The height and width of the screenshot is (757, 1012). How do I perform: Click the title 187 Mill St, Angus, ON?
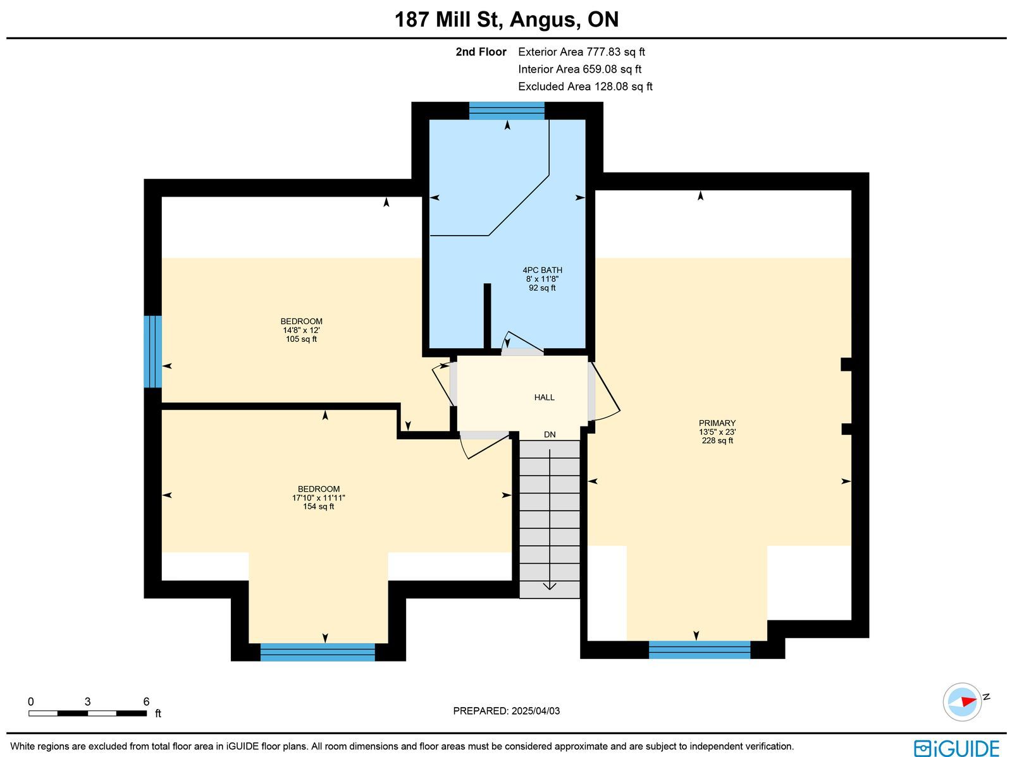(x=506, y=20)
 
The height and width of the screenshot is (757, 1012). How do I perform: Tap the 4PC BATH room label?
(x=542, y=270)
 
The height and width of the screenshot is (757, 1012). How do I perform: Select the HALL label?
(x=544, y=397)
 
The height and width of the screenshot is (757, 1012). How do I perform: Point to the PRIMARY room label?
(x=717, y=423)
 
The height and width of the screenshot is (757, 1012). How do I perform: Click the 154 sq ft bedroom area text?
(x=318, y=507)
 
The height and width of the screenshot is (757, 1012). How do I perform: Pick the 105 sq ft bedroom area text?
(x=301, y=339)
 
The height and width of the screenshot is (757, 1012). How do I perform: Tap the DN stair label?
(x=550, y=435)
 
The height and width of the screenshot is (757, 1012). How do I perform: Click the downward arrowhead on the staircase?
(x=550, y=586)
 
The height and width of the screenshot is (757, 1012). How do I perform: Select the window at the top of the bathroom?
(x=507, y=111)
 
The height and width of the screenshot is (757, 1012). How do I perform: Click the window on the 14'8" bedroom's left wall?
(x=152, y=352)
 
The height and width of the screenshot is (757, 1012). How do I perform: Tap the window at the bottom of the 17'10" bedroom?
(x=318, y=653)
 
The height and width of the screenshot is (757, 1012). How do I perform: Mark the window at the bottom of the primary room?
(x=700, y=650)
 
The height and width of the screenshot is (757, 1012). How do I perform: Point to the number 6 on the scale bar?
(x=146, y=701)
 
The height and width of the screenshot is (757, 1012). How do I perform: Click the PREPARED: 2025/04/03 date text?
(x=506, y=711)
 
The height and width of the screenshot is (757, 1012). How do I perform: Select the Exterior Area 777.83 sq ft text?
(x=581, y=52)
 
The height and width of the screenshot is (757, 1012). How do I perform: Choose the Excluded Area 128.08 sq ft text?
(x=585, y=87)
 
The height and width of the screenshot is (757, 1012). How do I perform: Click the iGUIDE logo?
(x=957, y=748)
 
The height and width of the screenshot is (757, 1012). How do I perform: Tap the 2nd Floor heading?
(x=481, y=52)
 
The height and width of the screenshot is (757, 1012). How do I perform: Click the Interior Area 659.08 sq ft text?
(x=579, y=69)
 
